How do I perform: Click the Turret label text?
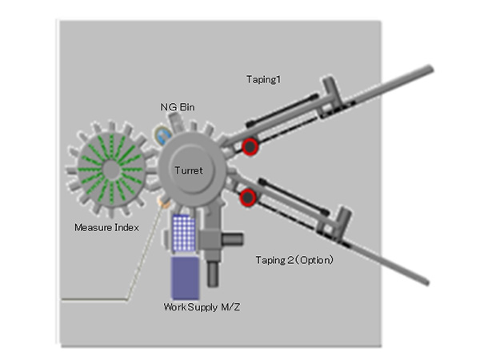point(189,170)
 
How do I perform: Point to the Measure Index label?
point(107,228)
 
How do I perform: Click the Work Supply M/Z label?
point(201,306)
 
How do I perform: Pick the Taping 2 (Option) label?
point(294,260)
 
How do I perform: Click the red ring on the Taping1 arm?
point(250,146)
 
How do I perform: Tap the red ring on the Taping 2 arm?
point(247,197)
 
